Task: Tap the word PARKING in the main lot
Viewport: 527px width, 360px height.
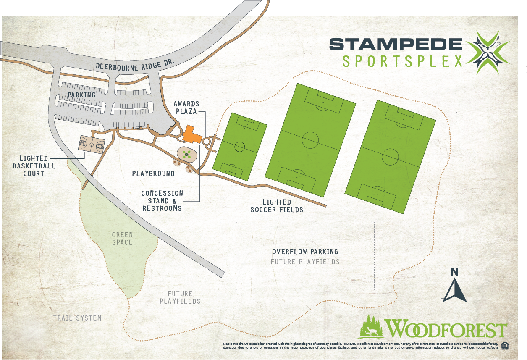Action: pyautogui.click(x=82, y=95)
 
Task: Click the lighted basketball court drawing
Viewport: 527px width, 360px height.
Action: pyautogui.click(x=92, y=145)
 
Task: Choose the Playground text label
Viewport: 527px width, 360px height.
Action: pyautogui.click(x=153, y=173)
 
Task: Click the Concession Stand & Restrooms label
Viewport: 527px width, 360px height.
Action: pyautogui.click(x=162, y=200)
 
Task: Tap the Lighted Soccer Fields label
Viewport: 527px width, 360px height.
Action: pyautogui.click(x=277, y=206)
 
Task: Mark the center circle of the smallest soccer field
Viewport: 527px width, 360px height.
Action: pyautogui.click(x=239, y=147)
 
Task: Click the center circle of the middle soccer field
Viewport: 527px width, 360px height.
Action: pyautogui.click(x=310, y=139)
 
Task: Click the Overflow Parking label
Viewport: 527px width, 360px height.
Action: pyautogui.click(x=305, y=252)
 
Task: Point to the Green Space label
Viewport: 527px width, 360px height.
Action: pyautogui.click(x=122, y=239)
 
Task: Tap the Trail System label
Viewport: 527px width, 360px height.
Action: pyautogui.click(x=77, y=318)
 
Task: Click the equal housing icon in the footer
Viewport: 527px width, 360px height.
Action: pyautogui.click(x=505, y=345)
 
